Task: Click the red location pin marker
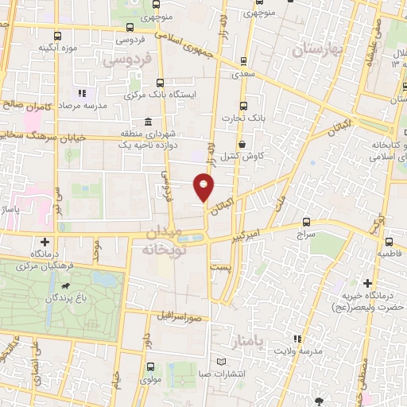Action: click(x=204, y=187)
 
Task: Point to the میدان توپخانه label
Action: click(x=165, y=240)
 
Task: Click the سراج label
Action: click(x=306, y=236)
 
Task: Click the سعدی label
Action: click(x=244, y=72)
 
